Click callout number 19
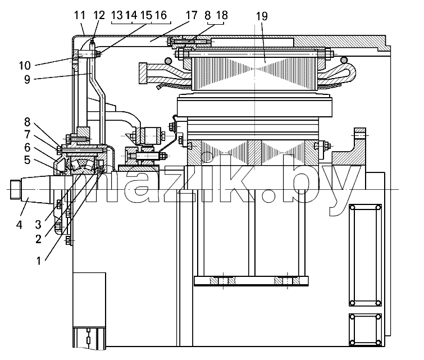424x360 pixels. [x=262, y=16]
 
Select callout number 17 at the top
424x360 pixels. [x=192, y=15]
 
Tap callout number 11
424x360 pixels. [x=80, y=15]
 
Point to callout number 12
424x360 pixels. [x=99, y=15]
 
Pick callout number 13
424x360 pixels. [x=117, y=15]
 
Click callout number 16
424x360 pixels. [x=161, y=15]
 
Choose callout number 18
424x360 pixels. [x=222, y=15]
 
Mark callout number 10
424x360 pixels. [x=25, y=66]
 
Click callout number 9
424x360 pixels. [x=27, y=80]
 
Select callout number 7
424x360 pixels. [x=28, y=134]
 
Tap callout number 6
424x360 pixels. [x=28, y=147]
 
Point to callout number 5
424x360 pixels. [x=28, y=160]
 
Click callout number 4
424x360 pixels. [x=19, y=225]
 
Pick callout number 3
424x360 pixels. [x=38, y=225]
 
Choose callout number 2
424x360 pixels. [x=38, y=239]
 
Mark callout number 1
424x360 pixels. [x=39, y=261]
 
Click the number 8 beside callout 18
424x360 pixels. [x=207, y=15]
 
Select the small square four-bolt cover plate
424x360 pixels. [x=366, y=330]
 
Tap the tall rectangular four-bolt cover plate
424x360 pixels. [x=366, y=256]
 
